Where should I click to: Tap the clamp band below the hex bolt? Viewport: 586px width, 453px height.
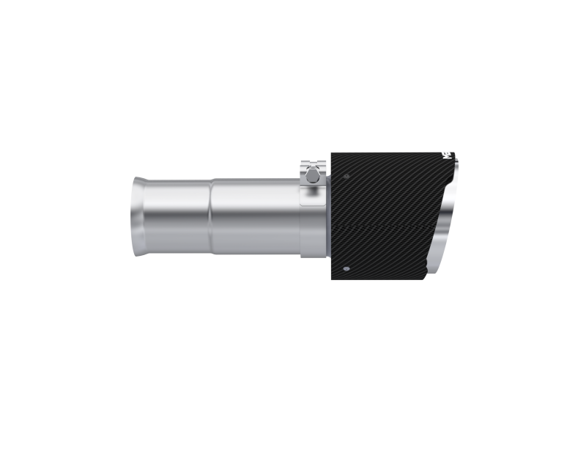point(314,213)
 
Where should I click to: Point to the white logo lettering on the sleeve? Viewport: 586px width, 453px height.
point(445,156)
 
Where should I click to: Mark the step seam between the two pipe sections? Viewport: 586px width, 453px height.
point(212,218)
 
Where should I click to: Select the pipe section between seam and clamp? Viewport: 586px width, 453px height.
point(256,218)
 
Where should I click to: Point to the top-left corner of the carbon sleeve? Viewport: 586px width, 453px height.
point(333,152)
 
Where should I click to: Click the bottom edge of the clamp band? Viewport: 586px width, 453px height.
point(314,256)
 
